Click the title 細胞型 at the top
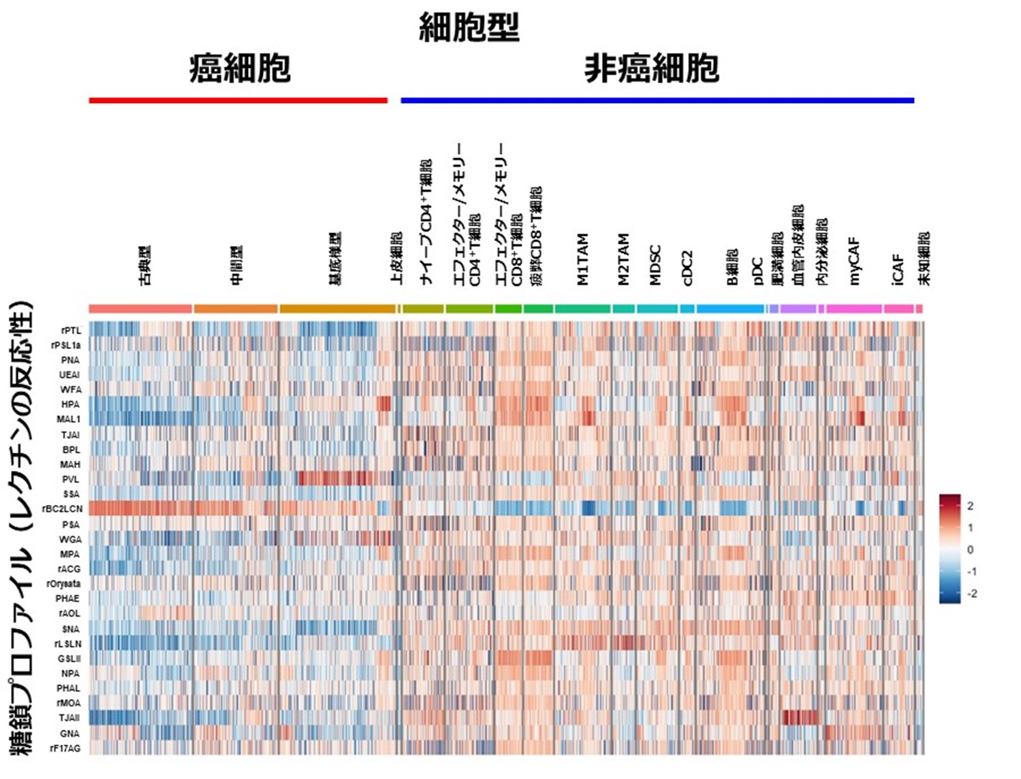[469, 28]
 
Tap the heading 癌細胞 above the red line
[240, 68]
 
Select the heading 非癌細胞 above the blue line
[651, 68]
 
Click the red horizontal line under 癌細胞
[238, 100]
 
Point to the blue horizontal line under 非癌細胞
[657, 100]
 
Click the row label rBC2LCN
[62, 509]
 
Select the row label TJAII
[69, 718]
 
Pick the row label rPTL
[70, 331]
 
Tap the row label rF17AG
[65, 748]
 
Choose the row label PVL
[70, 479]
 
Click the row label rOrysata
[63, 583]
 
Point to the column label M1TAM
[583, 259]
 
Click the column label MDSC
[655, 264]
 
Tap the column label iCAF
[898, 269]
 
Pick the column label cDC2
[687, 267]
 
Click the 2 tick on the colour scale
[971, 506]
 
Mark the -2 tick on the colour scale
[972, 593]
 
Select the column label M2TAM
[623, 259]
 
